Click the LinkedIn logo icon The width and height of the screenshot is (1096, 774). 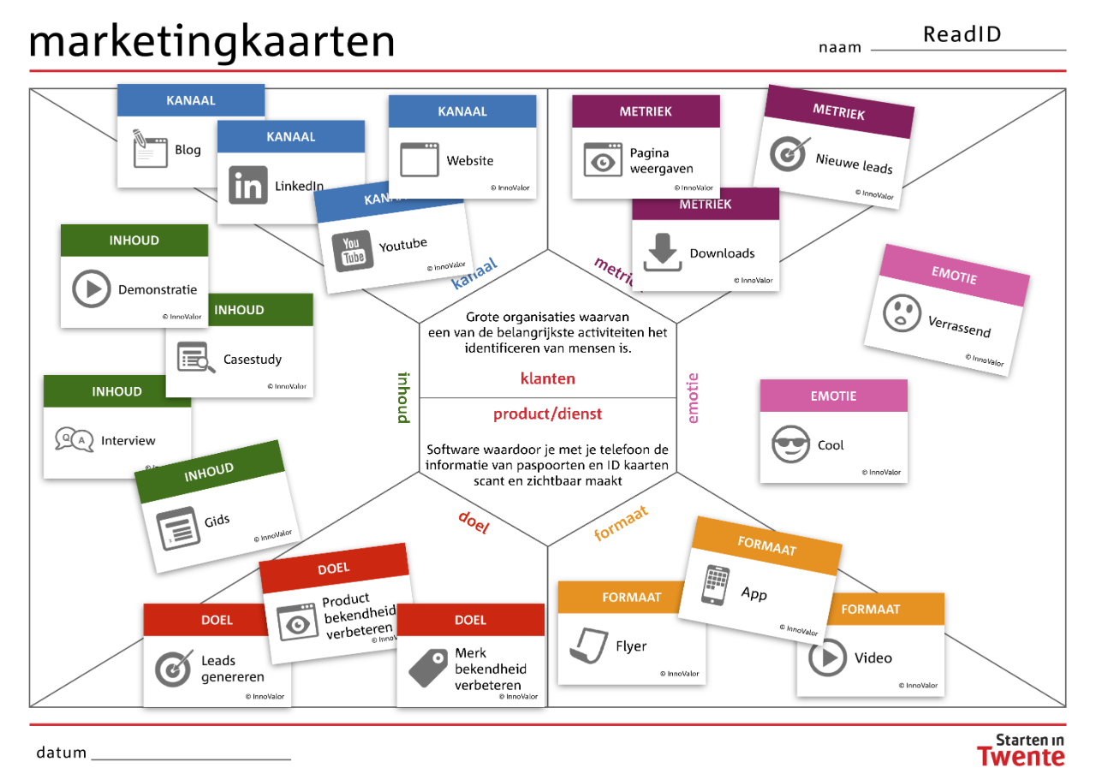(248, 186)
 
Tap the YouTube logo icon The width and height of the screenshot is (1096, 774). (352, 251)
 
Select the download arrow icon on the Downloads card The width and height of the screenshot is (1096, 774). (663, 252)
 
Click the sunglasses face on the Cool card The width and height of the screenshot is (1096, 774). (790, 444)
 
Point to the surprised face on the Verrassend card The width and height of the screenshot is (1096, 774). (902, 313)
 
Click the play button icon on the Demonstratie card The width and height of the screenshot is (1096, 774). (92, 289)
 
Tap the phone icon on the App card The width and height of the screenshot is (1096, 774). (715, 585)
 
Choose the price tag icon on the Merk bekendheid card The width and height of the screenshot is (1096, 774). (428, 668)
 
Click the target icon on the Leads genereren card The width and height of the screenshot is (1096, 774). (174, 669)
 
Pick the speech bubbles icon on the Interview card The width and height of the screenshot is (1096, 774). (74, 439)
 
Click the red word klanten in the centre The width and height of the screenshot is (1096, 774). (547, 378)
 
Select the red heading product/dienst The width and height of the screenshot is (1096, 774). (547, 414)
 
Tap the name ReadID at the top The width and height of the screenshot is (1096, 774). (962, 34)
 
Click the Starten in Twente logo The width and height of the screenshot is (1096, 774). (1022, 750)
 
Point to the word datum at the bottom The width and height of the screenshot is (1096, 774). (61, 752)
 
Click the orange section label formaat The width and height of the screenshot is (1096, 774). (622, 523)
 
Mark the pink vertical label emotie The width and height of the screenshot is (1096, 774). (693, 398)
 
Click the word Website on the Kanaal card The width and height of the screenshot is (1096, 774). (470, 160)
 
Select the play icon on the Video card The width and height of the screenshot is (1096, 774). (827, 657)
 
